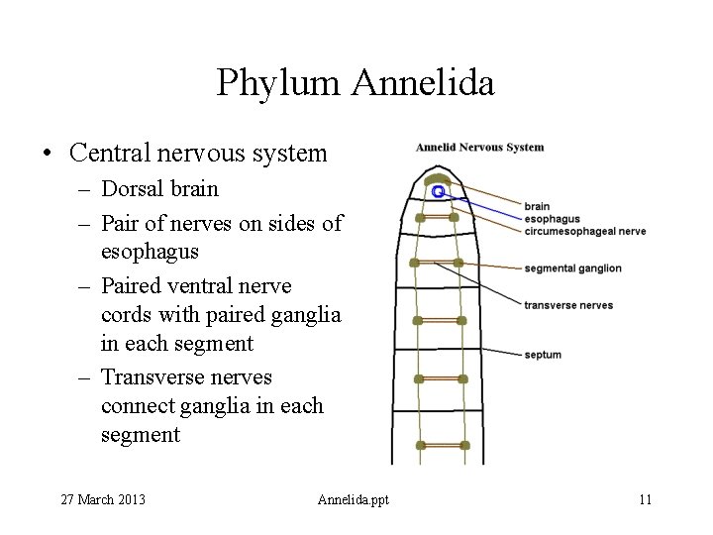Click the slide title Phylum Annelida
click(x=356, y=83)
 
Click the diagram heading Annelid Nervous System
click(x=479, y=148)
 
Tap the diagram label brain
click(x=537, y=207)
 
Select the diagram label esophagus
click(x=552, y=219)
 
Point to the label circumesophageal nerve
click(x=584, y=231)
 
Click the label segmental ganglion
click(x=572, y=268)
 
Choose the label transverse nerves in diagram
click(x=568, y=305)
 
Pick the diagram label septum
click(x=543, y=355)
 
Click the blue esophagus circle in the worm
click(x=437, y=190)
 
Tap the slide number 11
click(x=645, y=499)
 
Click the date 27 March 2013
click(x=104, y=499)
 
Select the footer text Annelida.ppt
click(x=354, y=499)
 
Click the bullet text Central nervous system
click(x=198, y=154)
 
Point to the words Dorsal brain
click(x=159, y=189)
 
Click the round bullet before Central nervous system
click(x=46, y=154)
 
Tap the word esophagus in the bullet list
click(x=150, y=253)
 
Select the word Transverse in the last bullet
click(x=150, y=377)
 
